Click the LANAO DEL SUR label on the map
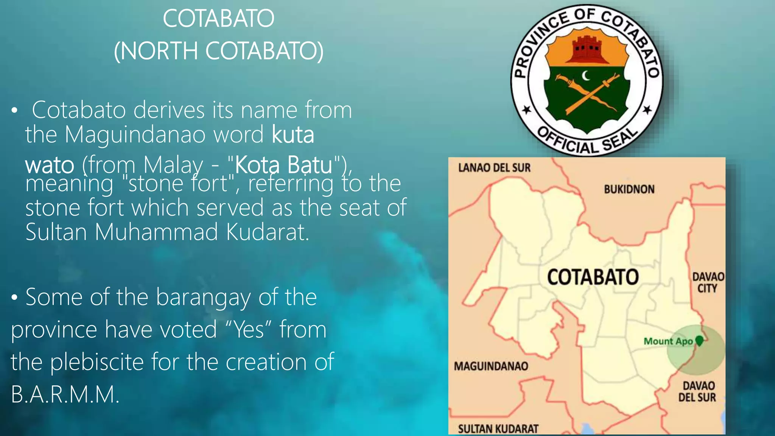pyautogui.click(x=494, y=168)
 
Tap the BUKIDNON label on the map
pyautogui.click(x=629, y=189)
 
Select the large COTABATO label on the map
pyautogui.click(x=593, y=277)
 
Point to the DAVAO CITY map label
pyautogui.click(x=708, y=282)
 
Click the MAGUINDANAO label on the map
pyautogui.click(x=491, y=366)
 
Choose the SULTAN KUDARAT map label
pyautogui.click(x=498, y=429)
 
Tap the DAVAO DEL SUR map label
pyautogui.click(x=697, y=392)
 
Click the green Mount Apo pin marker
pyautogui.click(x=699, y=340)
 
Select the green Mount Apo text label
pyautogui.click(x=668, y=341)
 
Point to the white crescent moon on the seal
pyautogui.click(x=586, y=76)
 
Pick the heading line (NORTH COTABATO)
pyautogui.click(x=219, y=51)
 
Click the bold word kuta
pyautogui.click(x=293, y=134)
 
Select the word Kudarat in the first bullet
pyautogui.click(x=268, y=232)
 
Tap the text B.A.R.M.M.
pyautogui.click(x=65, y=394)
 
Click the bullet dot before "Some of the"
pyautogui.click(x=14, y=297)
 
